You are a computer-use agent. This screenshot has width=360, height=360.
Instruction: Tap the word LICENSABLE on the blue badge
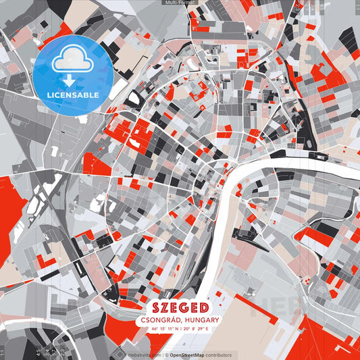point(73,94)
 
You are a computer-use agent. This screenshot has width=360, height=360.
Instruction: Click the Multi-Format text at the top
point(180,3)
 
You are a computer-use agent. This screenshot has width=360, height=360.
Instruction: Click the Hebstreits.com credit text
point(145,355)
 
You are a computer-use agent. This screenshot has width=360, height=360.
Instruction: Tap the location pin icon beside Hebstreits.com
point(125,355)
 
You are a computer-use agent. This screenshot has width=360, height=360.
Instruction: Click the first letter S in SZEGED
point(149,307)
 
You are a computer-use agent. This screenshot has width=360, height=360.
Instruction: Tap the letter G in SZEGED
point(185,307)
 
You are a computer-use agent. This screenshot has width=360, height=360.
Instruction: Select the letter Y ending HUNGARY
point(217,319)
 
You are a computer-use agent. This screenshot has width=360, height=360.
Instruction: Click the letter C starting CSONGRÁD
point(143,319)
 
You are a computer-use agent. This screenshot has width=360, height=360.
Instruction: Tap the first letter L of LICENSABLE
point(49,94)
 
